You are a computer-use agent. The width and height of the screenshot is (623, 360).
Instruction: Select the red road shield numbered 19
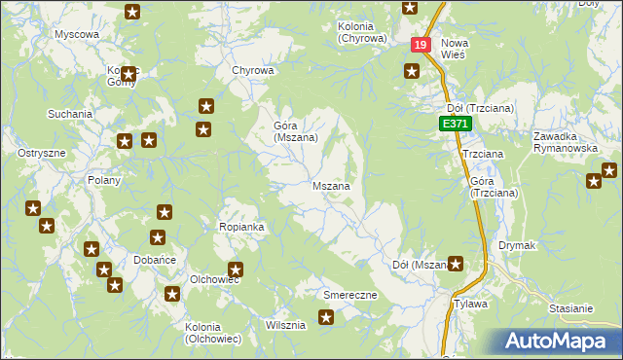420,45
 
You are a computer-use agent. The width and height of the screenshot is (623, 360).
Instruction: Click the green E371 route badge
455,125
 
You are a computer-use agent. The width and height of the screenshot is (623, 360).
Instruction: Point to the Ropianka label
242,227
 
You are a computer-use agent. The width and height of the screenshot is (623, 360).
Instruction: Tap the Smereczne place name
349,293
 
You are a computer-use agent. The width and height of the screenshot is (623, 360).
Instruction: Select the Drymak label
517,246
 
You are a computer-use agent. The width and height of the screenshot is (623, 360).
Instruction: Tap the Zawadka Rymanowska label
565,142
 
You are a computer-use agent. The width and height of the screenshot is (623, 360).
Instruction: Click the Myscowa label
77,34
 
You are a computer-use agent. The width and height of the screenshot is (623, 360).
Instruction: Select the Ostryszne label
42,154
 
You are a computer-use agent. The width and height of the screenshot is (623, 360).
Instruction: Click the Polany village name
103,180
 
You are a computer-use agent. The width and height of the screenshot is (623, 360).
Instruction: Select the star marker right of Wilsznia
326,316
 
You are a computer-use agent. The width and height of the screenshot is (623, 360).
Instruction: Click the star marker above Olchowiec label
235,270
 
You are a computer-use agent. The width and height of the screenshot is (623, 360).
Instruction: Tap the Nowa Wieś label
454,49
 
